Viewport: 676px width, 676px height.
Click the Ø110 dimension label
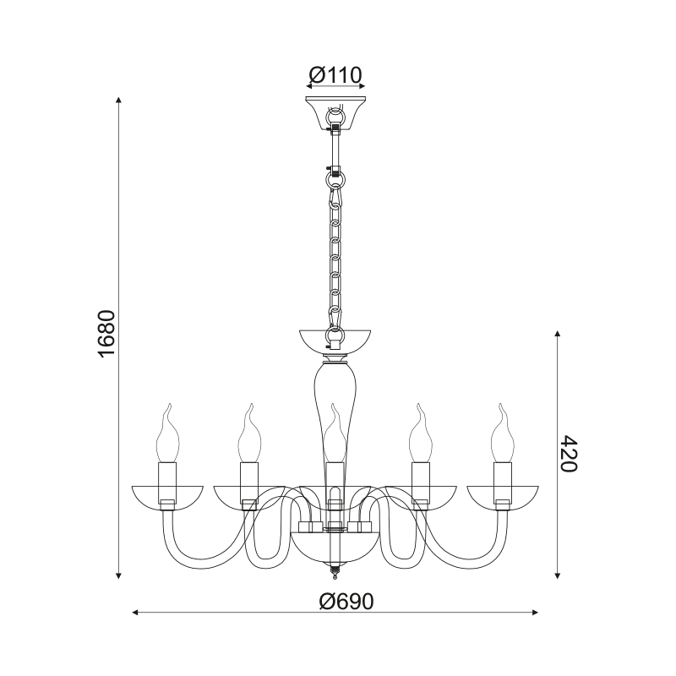(x=335, y=75)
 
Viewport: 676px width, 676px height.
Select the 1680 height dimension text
(x=106, y=333)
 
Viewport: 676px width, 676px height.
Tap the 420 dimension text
(x=568, y=454)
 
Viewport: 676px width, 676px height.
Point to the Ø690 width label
(x=346, y=601)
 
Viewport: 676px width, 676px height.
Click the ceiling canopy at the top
(x=335, y=113)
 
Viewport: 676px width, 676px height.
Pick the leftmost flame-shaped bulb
(x=167, y=433)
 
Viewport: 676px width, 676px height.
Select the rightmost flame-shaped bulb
(x=502, y=433)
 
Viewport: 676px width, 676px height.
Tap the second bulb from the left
(x=249, y=433)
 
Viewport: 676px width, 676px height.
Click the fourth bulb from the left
(x=420, y=433)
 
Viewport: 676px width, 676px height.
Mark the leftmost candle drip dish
(x=167, y=499)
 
